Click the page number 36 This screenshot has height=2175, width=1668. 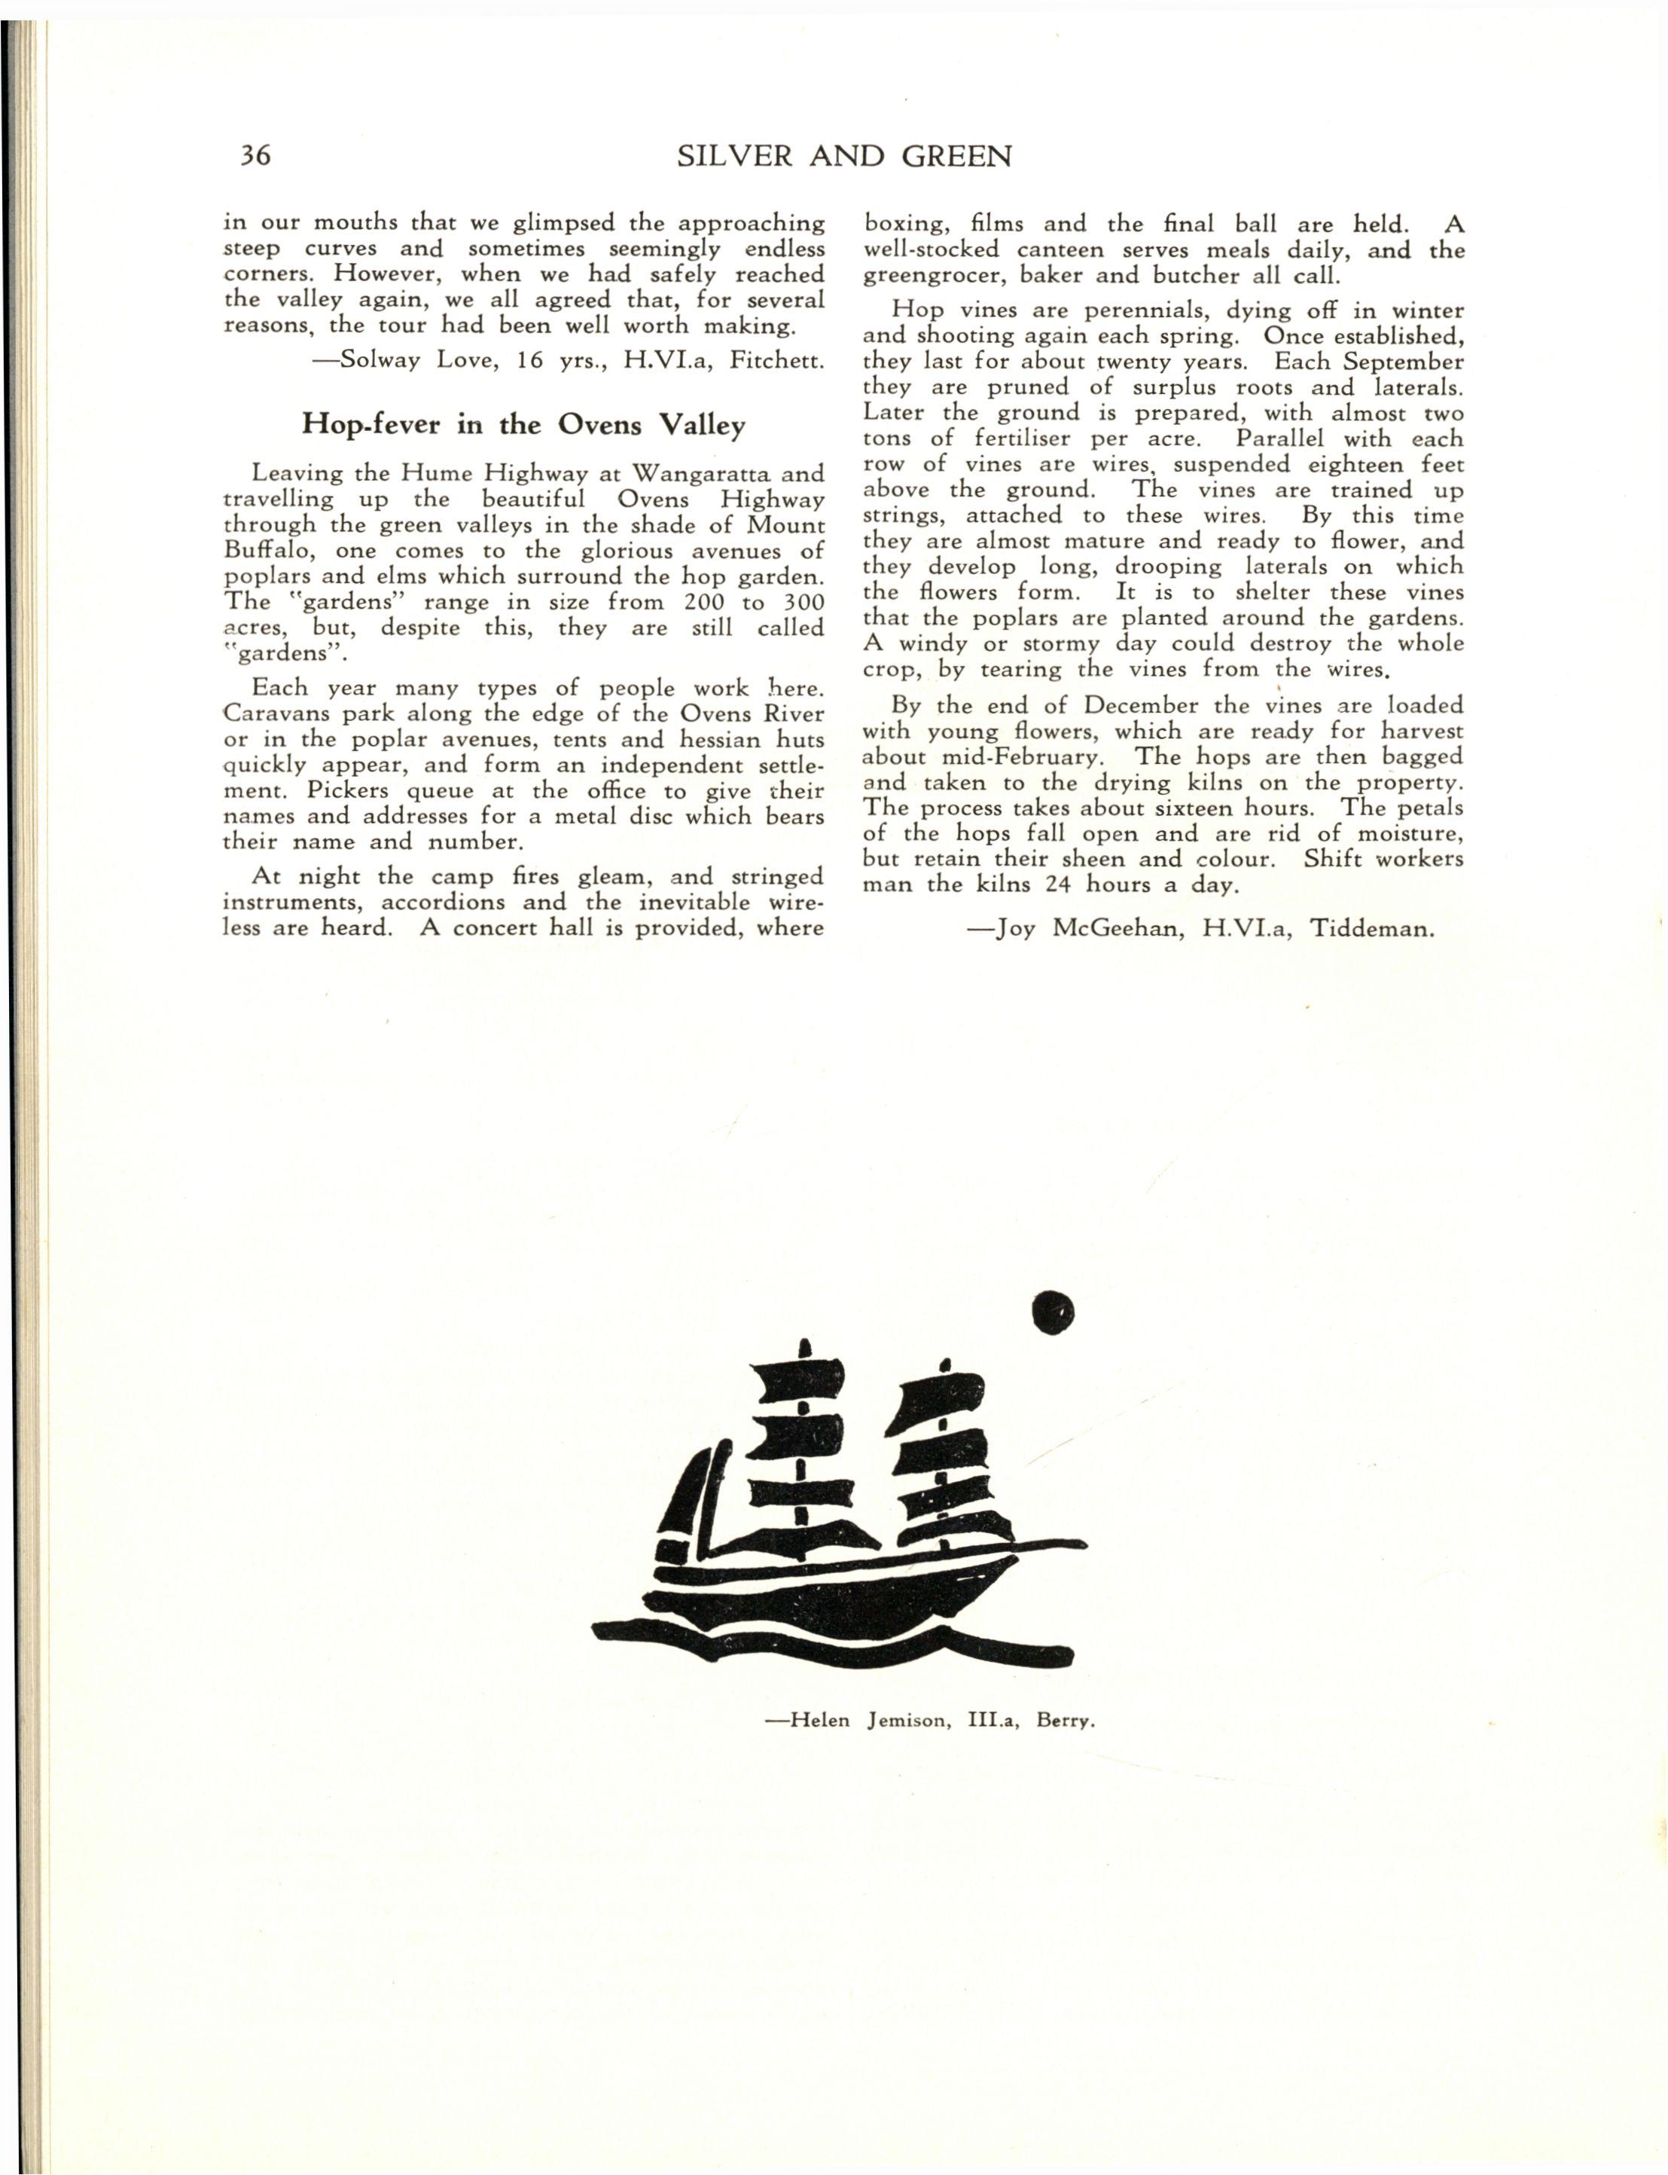point(255,156)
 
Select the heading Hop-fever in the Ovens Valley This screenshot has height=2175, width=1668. point(523,425)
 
